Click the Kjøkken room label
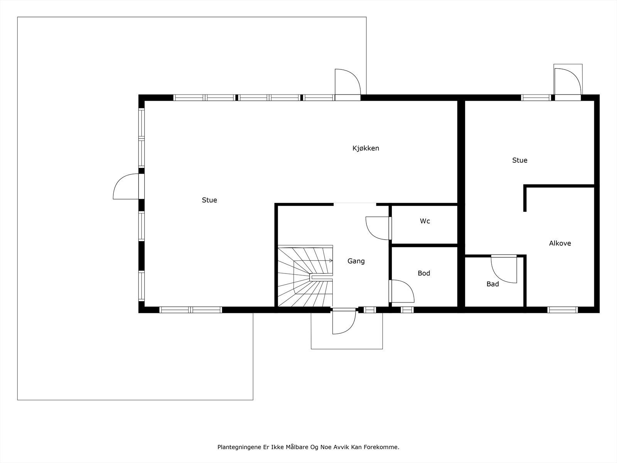coord(366,148)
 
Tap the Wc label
coord(425,221)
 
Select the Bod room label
coord(424,273)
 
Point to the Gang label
coord(356,261)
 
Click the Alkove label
coord(560,243)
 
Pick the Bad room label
coord(492,284)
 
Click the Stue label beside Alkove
coord(520,160)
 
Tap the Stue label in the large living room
coord(209,200)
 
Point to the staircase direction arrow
coord(331,260)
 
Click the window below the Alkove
coord(563,310)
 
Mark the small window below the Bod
coord(407,310)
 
